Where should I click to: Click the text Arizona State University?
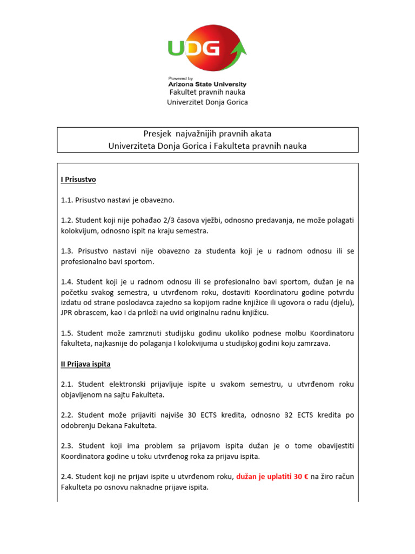click(x=207, y=84)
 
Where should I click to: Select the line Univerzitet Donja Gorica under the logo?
click(x=207, y=102)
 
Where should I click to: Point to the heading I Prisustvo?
click(x=78, y=179)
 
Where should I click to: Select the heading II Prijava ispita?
click(x=86, y=364)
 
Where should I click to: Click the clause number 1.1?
click(x=67, y=200)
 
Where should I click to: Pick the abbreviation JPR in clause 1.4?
click(x=68, y=313)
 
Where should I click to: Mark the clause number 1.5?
click(x=67, y=333)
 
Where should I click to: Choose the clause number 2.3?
click(x=68, y=446)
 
